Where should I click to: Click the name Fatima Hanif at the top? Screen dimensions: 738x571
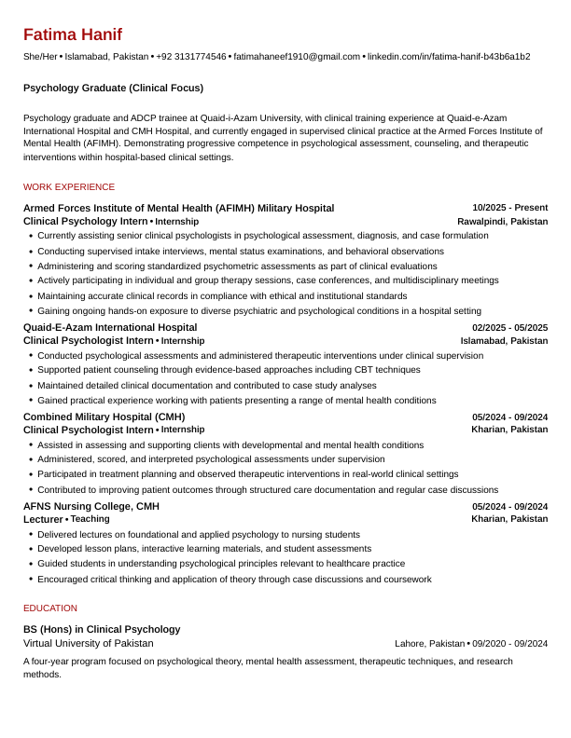[72, 35]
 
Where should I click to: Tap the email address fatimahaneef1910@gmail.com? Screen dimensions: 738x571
[297, 57]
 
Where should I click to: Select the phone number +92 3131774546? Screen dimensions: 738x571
[191, 57]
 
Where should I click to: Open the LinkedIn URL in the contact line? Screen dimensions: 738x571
[448, 57]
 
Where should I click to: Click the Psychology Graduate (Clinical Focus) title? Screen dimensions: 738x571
[113, 88]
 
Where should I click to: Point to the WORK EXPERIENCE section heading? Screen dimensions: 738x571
[69, 187]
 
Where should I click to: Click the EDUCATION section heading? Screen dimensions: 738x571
[50, 608]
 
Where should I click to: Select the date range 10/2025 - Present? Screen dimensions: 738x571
[509, 208]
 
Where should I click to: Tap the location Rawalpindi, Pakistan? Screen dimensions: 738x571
[502, 222]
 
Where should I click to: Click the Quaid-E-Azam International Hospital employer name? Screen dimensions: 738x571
[110, 327]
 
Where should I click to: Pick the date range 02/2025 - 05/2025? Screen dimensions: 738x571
[509, 327]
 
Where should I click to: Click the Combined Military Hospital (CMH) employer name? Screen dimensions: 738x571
[104, 417]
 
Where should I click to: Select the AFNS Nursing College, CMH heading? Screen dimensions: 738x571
[91, 506]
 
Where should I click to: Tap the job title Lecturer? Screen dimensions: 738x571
[43, 519]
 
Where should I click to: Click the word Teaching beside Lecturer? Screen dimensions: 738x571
[90, 519]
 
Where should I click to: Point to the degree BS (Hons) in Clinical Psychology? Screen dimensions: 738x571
[102, 629]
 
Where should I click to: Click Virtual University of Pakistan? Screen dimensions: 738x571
[89, 643]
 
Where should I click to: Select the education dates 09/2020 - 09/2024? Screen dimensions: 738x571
[509, 643]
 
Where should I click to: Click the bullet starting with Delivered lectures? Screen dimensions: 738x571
[199, 535]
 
